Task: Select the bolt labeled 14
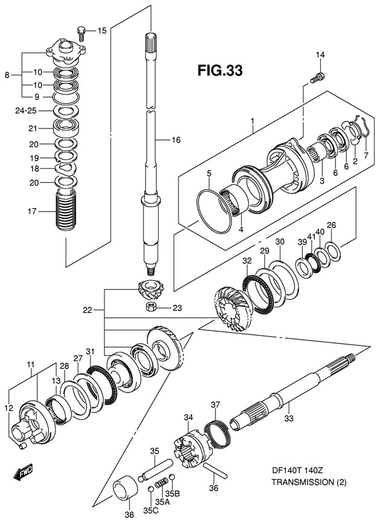click(317, 77)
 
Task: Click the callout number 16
click(176, 140)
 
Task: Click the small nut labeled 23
click(152, 308)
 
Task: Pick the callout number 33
click(288, 419)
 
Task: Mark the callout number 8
click(7, 75)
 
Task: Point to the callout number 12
click(8, 408)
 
